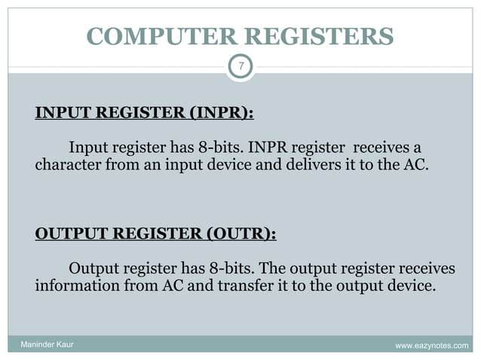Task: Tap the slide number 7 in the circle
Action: (240, 67)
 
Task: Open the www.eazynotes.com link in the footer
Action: (432, 345)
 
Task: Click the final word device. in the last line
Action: (412, 287)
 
